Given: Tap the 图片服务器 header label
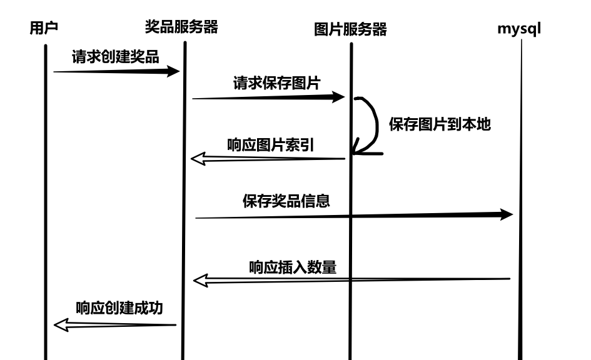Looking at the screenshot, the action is pos(350,29).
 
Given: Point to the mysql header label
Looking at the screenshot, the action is pos(519,28).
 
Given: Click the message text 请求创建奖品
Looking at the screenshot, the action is pos(115,57).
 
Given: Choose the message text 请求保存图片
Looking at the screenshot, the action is pos(276,83).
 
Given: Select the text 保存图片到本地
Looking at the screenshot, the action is pos(440,124).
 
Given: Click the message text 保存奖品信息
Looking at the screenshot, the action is pos(286,201).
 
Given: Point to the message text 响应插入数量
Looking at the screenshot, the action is pos(293,267).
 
